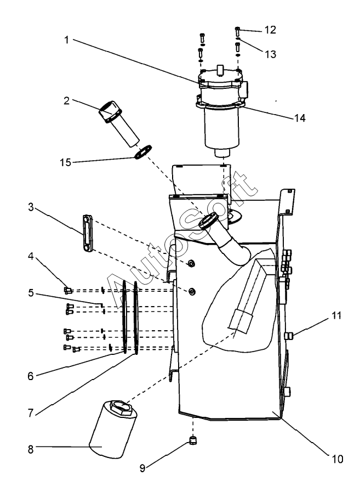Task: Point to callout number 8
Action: pyautogui.click(x=31, y=448)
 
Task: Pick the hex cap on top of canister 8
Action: pyautogui.click(x=121, y=407)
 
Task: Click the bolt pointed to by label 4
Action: pyautogui.click(x=68, y=290)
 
